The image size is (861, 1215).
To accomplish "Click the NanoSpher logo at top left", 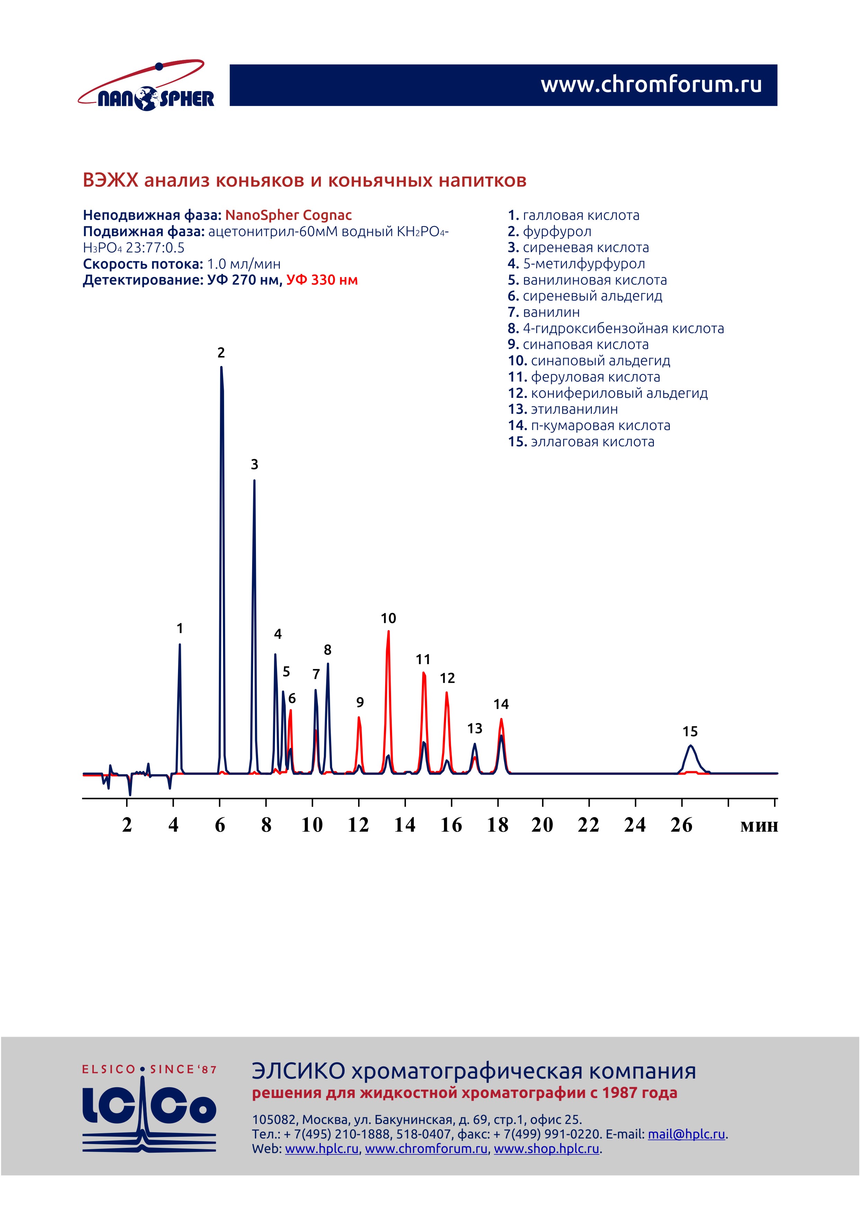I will pos(146,87).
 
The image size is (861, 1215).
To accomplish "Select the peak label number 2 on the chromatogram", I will pos(221,353).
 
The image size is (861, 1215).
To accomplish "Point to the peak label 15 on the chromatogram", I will pos(690,732).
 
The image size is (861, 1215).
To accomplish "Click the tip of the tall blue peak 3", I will pos(254,481).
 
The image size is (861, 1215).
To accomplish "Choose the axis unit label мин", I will pos(759,826).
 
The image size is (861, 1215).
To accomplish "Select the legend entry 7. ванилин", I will pos(543,312).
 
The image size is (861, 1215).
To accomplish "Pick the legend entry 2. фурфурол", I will pos(549,232).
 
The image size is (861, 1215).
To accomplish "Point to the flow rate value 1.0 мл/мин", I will pos(243,264).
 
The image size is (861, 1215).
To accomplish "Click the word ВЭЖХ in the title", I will pos(110,181).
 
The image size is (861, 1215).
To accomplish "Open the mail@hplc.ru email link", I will pos(686,1134).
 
